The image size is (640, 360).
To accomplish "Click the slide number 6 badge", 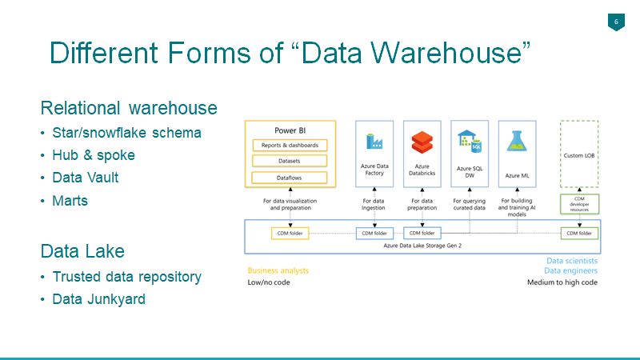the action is click(616, 22).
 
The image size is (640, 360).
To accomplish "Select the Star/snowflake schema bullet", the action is click(126, 133).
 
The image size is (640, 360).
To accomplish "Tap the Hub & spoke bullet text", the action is click(94, 155).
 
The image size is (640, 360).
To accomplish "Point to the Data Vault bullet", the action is click(86, 178).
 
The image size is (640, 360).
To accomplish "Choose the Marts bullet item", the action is click(70, 201).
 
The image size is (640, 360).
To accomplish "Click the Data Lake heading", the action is click(82, 250).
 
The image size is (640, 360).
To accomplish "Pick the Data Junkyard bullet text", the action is click(98, 298).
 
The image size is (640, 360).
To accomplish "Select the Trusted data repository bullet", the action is click(127, 277).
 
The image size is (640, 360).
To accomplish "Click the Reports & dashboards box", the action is click(290, 146).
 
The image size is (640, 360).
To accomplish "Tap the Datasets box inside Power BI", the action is click(290, 161).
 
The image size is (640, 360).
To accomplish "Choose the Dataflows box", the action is click(290, 178).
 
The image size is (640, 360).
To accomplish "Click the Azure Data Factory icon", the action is click(374, 142).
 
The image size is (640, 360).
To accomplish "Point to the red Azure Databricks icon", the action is click(422, 142).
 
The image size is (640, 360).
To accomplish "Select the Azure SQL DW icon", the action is click(470, 142).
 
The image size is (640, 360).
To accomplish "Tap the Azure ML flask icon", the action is click(517, 142).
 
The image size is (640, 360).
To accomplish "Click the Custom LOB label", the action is click(579, 155).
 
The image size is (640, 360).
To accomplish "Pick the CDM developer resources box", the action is click(579, 204).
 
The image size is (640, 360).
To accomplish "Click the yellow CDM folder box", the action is click(290, 234).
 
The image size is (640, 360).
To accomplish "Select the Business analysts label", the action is click(278, 270).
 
